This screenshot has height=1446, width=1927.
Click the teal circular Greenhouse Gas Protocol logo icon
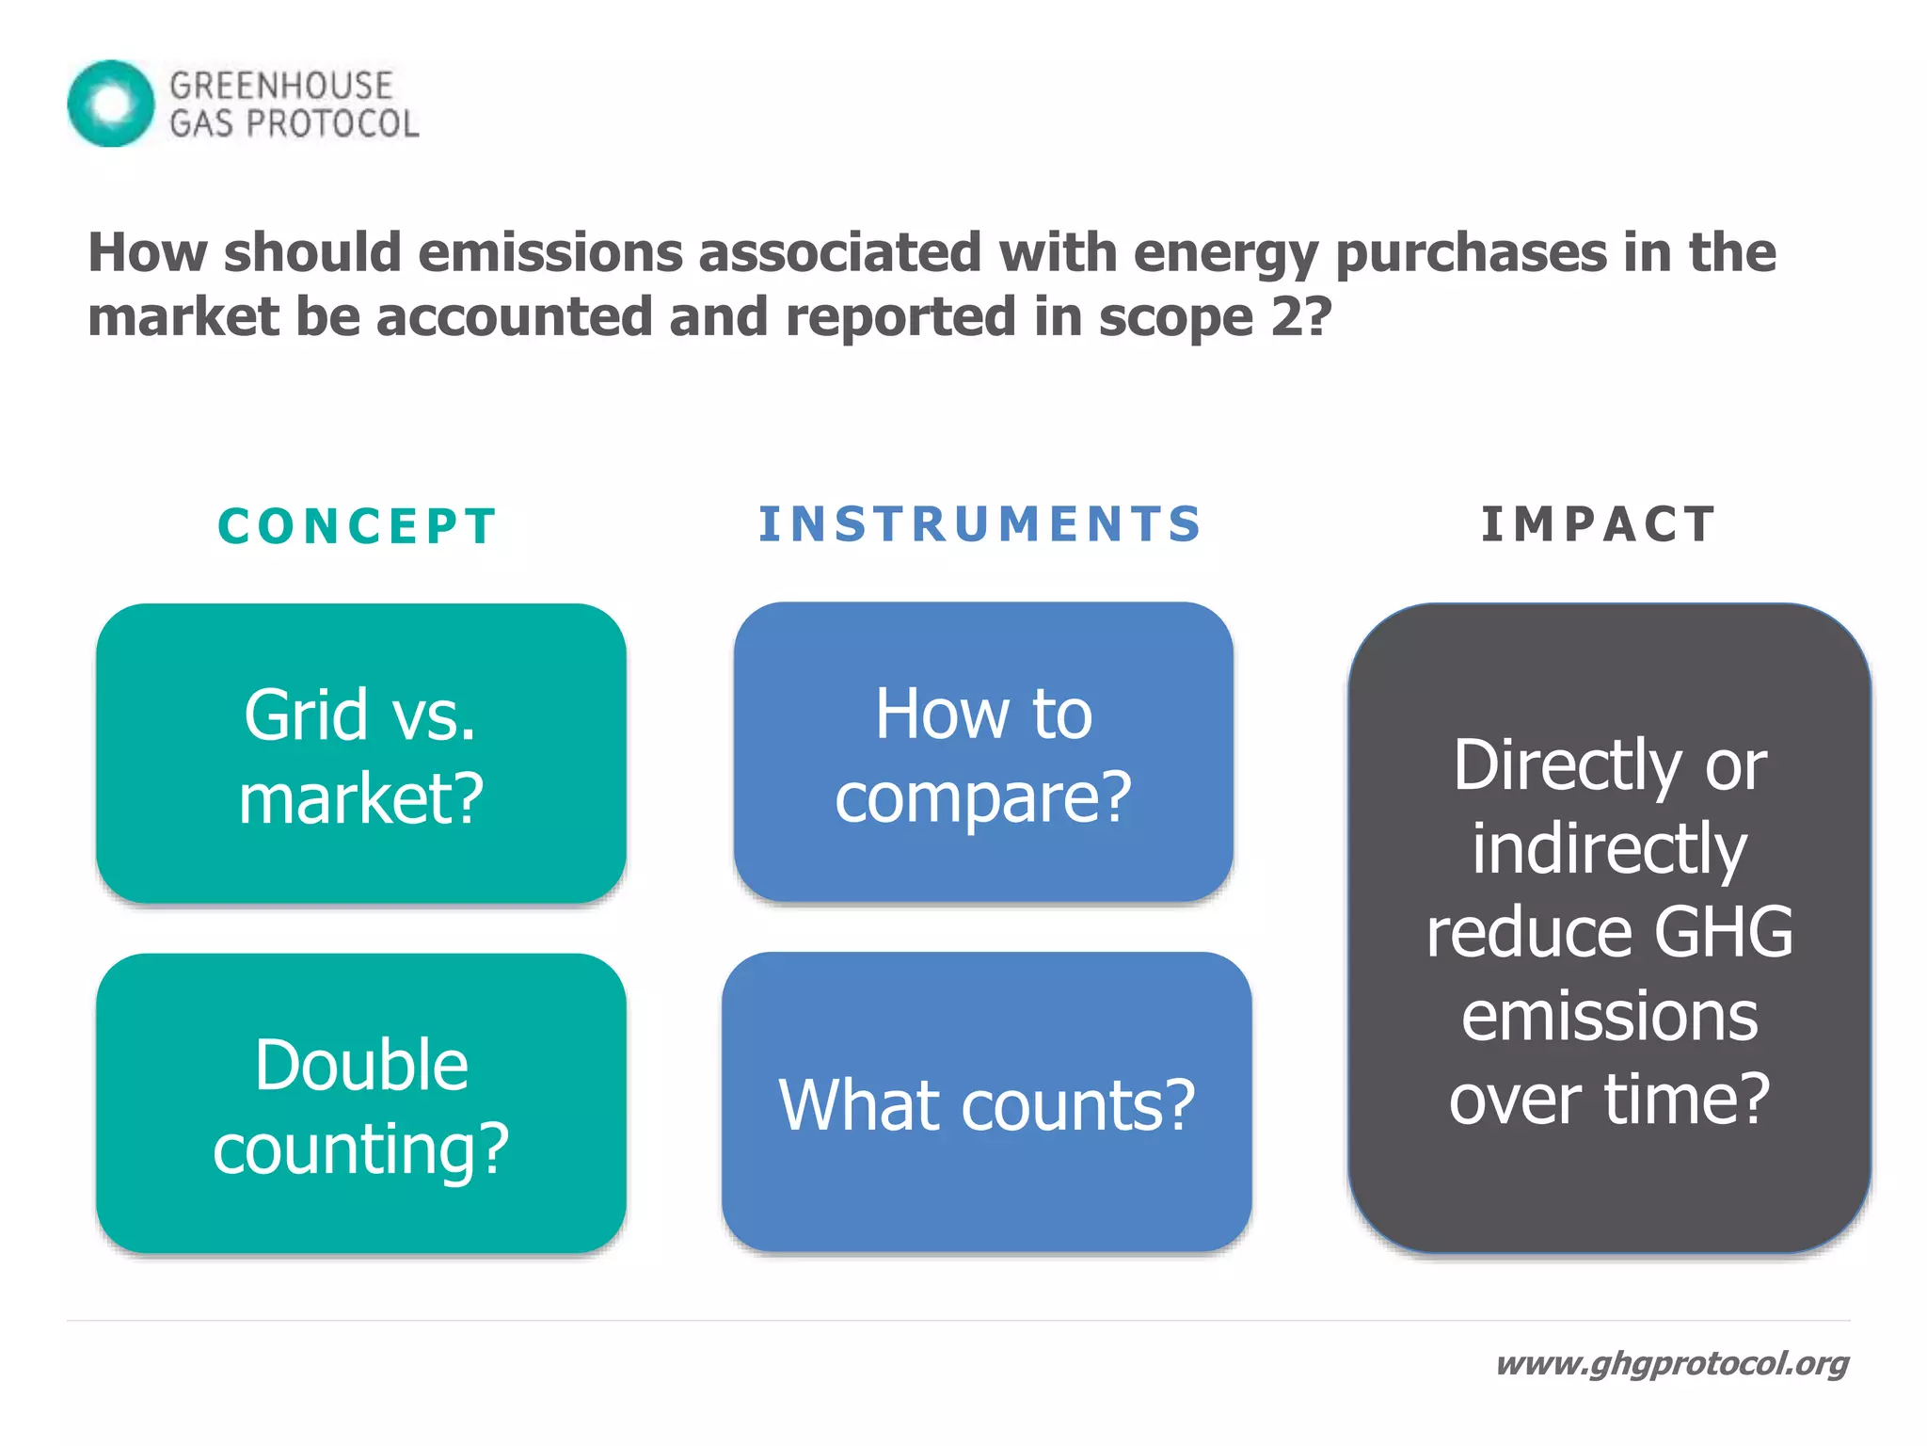point(111,104)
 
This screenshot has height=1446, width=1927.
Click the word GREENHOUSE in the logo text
point(280,86)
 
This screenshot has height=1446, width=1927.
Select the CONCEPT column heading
point(357,526)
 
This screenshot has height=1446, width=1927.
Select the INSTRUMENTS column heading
point(979,524)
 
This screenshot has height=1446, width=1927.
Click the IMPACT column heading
point(1599,524)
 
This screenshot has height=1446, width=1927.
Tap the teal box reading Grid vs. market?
point(361,753)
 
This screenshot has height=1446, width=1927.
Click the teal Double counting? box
point(361,1103)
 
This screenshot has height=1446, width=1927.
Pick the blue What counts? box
point(986,1102)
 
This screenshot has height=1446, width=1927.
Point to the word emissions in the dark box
point(1609,1016)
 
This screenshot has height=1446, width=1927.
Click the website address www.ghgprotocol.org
point(1672,1363)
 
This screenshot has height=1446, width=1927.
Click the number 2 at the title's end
point(1285,316)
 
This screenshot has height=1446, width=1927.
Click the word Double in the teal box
point(361,1065)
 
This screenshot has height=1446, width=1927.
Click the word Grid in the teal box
point(305,715)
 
